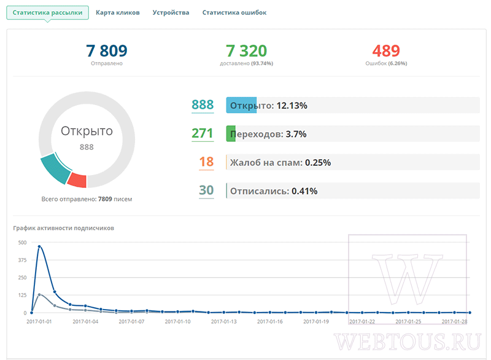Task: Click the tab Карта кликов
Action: [117, 12]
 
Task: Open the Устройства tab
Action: [171, 12]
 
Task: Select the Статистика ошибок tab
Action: [234, 12]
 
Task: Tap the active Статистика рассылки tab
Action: [48, 12]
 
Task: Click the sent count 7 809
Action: [106, 51]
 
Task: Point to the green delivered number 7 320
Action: [247, 51]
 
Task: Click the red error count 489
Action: [386, 51]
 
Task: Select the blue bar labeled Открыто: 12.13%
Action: [241, 105]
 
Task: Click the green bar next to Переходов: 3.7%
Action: [231, 134]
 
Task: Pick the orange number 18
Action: [206, 162]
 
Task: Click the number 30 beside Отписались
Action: [206, 190]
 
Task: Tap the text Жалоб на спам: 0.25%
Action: [280, 163]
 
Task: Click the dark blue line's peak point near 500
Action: [39, 246]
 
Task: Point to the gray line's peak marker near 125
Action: [39, 294]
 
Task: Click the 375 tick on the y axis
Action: [22, 260]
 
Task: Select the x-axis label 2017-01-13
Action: [224, 321]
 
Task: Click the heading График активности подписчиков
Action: [64, 228]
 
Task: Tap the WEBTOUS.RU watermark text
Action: [408, 342]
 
